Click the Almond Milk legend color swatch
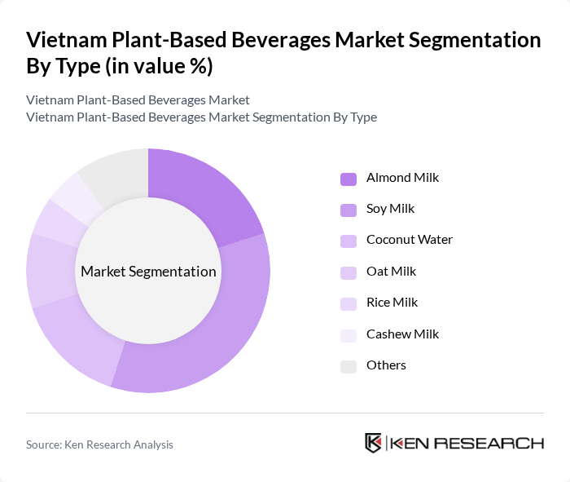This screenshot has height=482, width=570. click(x=349, y=179)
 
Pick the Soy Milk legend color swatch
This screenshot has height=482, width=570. click(x=349, y=210)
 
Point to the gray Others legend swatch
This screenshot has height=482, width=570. click(x=349, y=366)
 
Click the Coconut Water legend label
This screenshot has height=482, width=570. click(x=409, y=240)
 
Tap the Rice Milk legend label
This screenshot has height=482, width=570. click(x=392, y=302)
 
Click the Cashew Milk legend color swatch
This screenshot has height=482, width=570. click(x=349, y=335)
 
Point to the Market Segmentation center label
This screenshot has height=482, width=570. click(x=147, y=272)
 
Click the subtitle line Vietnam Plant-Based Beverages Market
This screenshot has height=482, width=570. click(x=138, y=100)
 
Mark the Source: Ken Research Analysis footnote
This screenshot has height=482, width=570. click(x=99, y=444)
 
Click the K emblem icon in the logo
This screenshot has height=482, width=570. click(x=373, y=443)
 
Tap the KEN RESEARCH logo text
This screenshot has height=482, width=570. click(x=467, y=444)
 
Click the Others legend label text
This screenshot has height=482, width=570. click(x=386, y=365)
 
